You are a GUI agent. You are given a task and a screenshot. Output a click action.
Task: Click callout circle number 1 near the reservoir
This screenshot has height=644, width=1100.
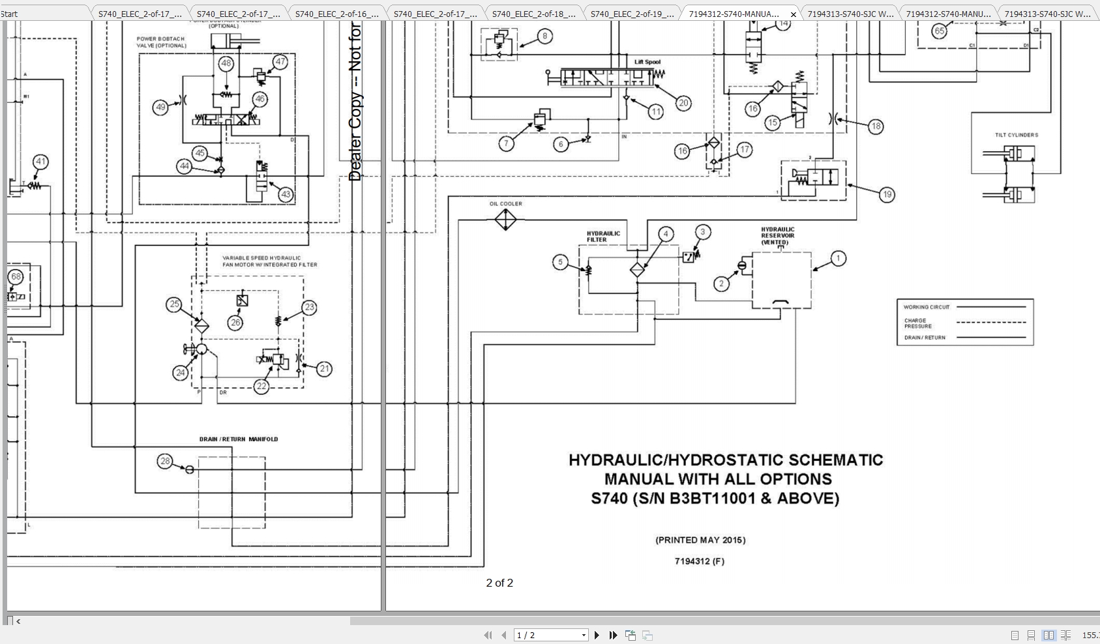pos(838,259)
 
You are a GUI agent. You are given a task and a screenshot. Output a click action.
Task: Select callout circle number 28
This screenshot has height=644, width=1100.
pos(165,461)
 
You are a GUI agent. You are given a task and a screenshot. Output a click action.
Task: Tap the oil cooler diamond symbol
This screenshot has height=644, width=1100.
pos(505,220)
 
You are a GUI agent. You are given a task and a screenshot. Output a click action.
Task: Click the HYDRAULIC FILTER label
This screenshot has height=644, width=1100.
pos(603,237)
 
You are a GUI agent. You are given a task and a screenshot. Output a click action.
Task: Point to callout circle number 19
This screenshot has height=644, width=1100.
pos(887,194)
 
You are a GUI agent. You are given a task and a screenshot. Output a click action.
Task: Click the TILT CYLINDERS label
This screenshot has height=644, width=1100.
pos(1016,135)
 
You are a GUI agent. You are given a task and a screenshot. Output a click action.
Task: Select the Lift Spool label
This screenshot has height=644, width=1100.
pos(647,63)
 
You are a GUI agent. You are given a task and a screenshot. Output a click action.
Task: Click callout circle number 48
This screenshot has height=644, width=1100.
pos(226,63)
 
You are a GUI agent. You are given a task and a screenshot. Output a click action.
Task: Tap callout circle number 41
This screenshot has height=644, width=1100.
pos(40,162)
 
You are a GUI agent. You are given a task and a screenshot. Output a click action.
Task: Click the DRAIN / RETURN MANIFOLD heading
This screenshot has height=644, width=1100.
pos(239,439)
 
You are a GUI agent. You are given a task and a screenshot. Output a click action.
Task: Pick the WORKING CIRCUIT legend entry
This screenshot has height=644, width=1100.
pos(927,307)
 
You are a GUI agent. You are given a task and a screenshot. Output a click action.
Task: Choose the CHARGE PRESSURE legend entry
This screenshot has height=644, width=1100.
pos(917,323)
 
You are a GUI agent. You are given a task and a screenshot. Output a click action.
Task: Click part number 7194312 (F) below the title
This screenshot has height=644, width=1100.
pos(699,561)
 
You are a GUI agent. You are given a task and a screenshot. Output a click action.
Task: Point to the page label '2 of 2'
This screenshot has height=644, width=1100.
pos(499,583)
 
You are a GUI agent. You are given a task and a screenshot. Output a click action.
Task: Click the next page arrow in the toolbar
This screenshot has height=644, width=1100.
pos(597,635)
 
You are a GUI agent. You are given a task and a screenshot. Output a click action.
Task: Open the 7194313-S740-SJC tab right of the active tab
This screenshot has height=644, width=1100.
pos(850,14)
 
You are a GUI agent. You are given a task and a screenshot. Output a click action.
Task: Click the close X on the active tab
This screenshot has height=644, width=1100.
pos(793,14)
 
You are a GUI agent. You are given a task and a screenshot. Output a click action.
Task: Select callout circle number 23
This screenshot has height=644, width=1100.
pos(309,307)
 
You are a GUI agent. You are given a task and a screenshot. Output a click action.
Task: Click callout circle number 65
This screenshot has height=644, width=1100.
pos(939,31)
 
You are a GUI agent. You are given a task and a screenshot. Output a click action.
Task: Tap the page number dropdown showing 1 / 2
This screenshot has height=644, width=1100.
pos(551,635)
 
